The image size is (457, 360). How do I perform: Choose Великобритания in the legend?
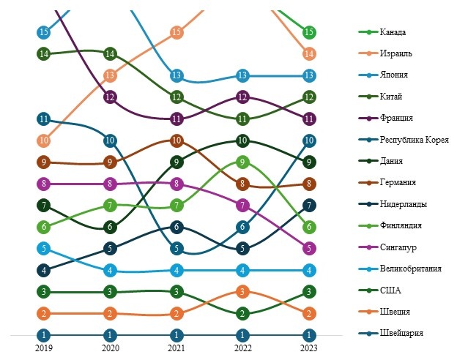pos(410,269)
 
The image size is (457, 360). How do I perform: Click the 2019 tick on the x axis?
pos(44,349)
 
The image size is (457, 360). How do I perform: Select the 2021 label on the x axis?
pos(177,349)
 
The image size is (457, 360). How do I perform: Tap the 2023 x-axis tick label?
pos(309,349)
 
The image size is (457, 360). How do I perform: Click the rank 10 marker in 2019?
pos(44,140)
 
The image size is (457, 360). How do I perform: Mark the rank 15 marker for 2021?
pos(177,32)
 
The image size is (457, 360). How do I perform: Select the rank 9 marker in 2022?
pos(243,162)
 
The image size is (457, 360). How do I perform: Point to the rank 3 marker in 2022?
pos(243,292)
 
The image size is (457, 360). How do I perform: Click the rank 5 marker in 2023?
pos(309,249)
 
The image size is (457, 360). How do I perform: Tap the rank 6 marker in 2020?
pos(110,227)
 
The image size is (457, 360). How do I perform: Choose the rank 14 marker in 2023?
pos(309,53)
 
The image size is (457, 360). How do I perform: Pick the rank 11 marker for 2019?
pos(44,119)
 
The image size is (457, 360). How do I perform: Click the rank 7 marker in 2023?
pos(309,206)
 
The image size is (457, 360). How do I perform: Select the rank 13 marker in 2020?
pos(110,75)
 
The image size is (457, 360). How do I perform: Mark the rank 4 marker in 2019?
pos(44,270)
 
